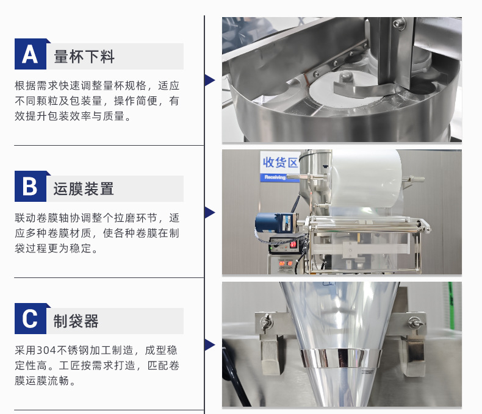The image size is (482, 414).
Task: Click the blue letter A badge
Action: tap(31, 54)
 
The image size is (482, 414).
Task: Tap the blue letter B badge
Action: tap(31, 187)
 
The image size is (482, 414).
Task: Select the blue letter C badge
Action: tap(31, 318)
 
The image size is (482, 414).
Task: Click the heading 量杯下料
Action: tap(84, 57)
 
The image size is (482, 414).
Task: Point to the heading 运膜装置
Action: tap(84, 189)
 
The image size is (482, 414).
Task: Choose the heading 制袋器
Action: tap(76, 321)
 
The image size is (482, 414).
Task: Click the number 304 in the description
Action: tap(46, 351)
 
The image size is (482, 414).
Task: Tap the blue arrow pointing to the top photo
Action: tap(210, 80)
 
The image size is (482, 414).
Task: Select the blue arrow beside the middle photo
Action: tap(210, 213)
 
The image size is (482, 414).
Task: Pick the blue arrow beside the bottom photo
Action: tap(210, 345)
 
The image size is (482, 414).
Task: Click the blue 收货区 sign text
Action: tap(280, 162)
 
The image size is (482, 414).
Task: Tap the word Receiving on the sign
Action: tap(275, 177)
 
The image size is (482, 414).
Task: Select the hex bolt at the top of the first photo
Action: tap(398, 23)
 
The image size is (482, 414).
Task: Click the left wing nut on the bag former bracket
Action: tap(266, 322)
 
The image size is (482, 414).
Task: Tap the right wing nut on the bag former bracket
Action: tap(415, 323)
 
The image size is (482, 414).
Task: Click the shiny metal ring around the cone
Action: tap(340, 358)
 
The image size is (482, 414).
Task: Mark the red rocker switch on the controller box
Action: tap(293, 244)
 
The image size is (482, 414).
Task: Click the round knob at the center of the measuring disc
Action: tap(345, 76)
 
